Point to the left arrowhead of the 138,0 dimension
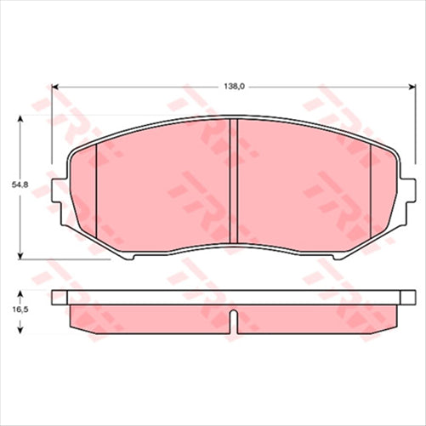click(x=57, y=86)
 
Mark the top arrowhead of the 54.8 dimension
click(x=19, y=121)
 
